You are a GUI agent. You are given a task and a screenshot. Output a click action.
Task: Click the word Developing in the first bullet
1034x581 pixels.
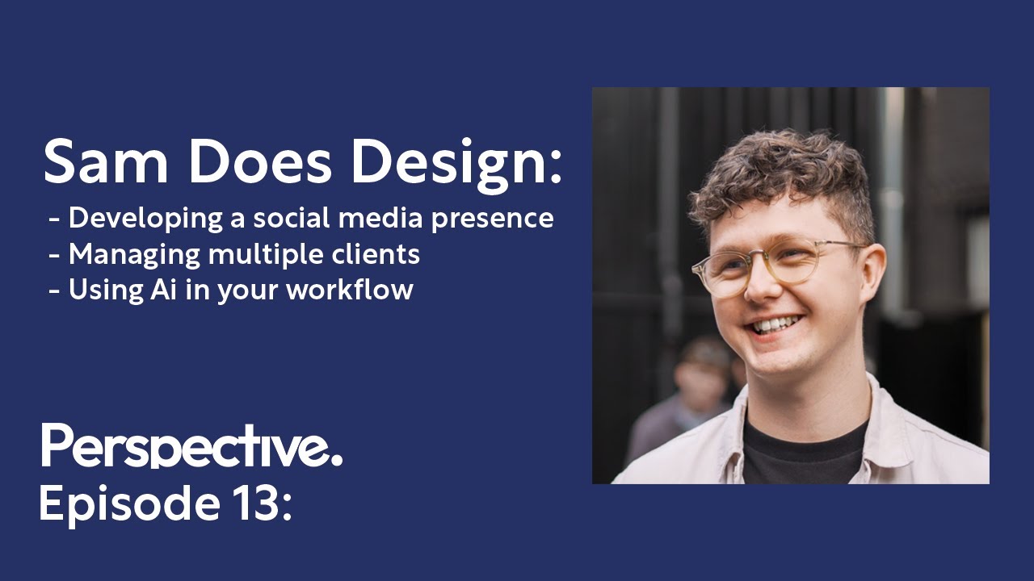(x=145, y=219)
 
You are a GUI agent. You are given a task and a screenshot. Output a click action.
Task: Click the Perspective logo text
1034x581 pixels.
(x=191, y=446)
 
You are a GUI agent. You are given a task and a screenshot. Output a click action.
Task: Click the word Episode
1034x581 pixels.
(x=125, y=504)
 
